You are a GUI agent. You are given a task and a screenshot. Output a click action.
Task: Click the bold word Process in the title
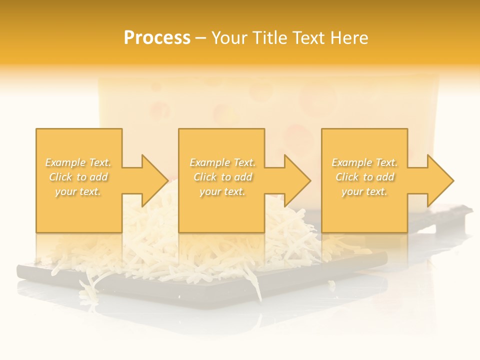pyautogui.click(x=157, y=38)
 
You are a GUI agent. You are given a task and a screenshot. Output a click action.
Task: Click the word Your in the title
pyautogui.click(x=231, y=38)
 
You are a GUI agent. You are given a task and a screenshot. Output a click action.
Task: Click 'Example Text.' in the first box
pyautogui.click(x=78, y=162)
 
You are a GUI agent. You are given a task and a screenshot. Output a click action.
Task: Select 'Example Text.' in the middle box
pyautogui.click(x=222, y=162)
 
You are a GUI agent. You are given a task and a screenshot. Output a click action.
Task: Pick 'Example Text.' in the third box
pyautogui.click(x=364, y=162)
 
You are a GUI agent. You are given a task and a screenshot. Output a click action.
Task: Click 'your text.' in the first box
pyautogui.click(x=78, y=191)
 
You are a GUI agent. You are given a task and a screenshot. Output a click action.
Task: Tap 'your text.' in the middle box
pyautogui.click(x=222, y=191)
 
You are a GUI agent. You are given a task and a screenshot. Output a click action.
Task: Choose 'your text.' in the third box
pyautogui.click(x=364, y=191)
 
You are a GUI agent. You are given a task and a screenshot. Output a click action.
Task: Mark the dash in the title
pyautogui.click(x=201, y=38)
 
